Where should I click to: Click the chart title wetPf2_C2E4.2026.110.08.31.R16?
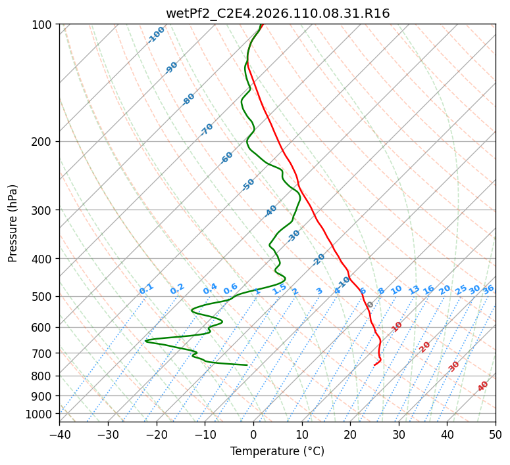click(278, 13)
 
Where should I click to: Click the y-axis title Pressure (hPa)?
click(13, 223)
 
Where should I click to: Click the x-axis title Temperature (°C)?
click(277, 452)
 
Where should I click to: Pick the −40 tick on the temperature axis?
click(59, 434)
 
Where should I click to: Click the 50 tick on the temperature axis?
click(496, 434)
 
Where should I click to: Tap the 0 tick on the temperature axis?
click(253, 434)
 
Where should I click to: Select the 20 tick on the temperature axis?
click(350, 434)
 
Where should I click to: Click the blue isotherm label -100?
click(157, 34)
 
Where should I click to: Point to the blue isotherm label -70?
click(207, 129)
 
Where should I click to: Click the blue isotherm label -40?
click(271, 211)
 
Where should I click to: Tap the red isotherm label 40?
click(483, 386)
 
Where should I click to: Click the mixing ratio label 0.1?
click(146, 288)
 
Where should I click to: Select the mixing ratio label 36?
click(488, 289)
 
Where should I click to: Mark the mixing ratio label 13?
click(414, 290)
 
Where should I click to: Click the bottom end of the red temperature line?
click(374, 365)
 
